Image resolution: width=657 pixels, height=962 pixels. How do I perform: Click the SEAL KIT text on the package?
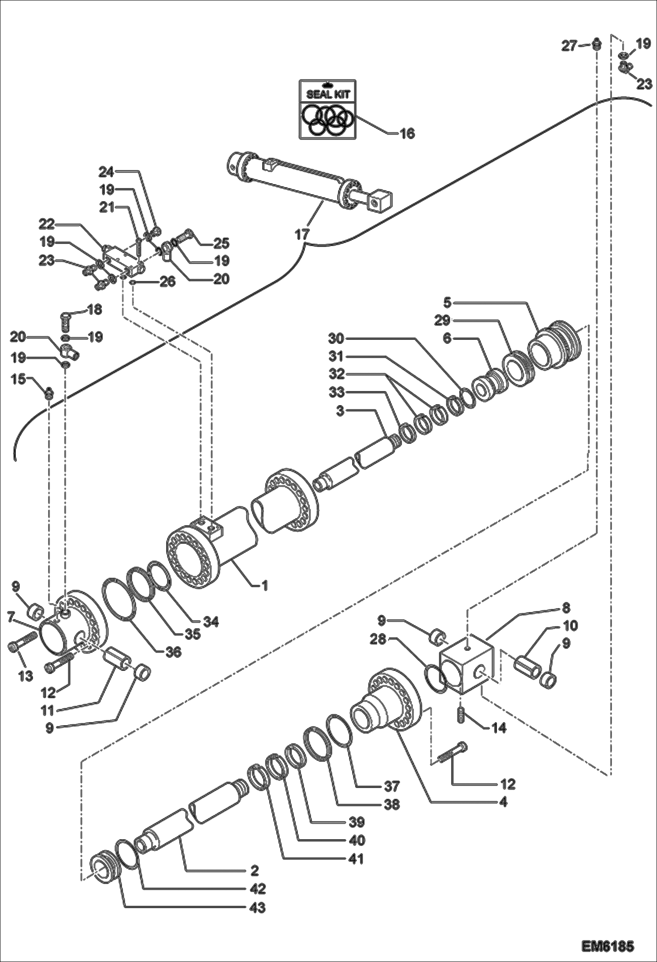click(328, 94)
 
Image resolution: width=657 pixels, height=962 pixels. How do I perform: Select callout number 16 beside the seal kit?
click(407, 134)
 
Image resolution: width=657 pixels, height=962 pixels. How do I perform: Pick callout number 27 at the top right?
click(569, 46)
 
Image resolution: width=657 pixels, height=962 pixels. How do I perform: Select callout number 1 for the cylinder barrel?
click(264, 585)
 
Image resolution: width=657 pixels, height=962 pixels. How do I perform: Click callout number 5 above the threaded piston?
click(447, 303)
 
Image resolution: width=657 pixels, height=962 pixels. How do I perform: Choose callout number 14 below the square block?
click(498, 728)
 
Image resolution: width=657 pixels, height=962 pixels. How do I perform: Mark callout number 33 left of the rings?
click(337, 392)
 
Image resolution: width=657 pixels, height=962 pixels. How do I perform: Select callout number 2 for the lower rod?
click(254, 870)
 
